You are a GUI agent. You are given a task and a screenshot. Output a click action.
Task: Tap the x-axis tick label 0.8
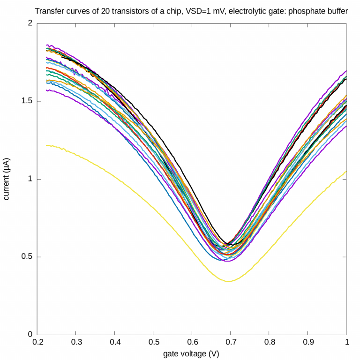[269, 344]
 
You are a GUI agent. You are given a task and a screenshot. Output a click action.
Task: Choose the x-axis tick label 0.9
[307, 344]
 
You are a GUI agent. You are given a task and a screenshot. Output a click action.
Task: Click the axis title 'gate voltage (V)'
[191, 354]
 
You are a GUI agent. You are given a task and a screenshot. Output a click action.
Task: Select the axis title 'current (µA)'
[7, 179]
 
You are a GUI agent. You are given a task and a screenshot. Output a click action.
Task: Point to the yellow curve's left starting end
[46, 145]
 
